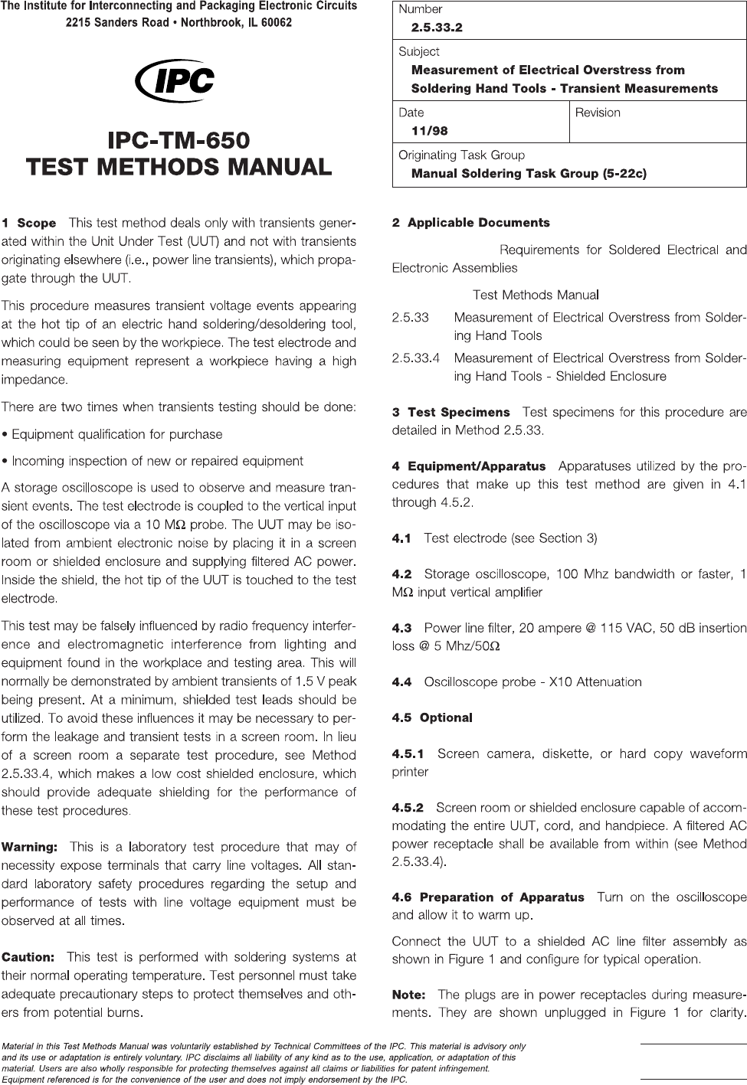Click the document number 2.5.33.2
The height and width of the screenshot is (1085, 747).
[437, 28]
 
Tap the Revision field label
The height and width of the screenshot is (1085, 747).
[598, 113]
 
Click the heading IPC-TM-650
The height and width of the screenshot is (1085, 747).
[179, 141]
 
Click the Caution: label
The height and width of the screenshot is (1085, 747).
[28, 957]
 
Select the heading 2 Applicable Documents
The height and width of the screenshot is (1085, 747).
[470, 223]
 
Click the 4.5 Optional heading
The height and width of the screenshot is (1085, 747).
[431, 717]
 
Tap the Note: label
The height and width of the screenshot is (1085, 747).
[408, 995]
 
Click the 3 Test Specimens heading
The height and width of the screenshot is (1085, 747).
[450, 413]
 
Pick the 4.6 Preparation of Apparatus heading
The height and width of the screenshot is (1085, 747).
[487, 897]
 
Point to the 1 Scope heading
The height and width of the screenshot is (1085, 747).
[29, 224]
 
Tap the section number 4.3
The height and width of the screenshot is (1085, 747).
[401, 628]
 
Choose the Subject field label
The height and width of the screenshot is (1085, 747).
[419, 51]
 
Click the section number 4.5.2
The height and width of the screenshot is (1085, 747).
[408, 807]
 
